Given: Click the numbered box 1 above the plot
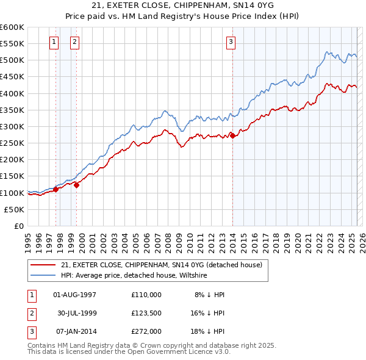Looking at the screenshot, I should pos(54,42).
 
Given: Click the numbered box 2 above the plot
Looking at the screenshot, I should pos(74,42).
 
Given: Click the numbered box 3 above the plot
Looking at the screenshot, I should pos(231,42).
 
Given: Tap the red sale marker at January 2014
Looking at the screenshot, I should pos(232,135).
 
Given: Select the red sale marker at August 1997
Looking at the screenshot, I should pos(56,189).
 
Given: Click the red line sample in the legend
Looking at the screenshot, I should pos(43,265).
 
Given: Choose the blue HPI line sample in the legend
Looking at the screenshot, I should pos(43,275).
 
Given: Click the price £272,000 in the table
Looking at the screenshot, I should pos(146,331).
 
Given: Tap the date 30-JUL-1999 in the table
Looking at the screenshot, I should pos(77,313).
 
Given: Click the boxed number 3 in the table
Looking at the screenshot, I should pos(30,331).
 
